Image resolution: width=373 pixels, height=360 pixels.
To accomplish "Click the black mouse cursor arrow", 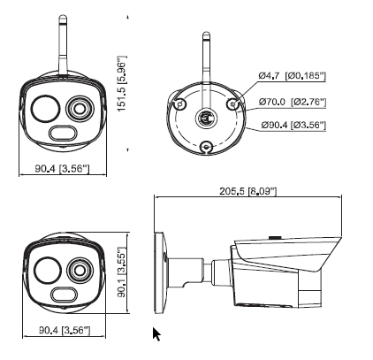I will [x=157, y=333].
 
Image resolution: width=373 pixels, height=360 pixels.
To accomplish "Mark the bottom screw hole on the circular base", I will [x=205, y=148].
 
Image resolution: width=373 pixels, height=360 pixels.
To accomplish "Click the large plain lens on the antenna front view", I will [x=43, y=110].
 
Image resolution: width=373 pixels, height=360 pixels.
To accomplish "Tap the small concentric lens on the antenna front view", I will [x=79, y=110].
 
